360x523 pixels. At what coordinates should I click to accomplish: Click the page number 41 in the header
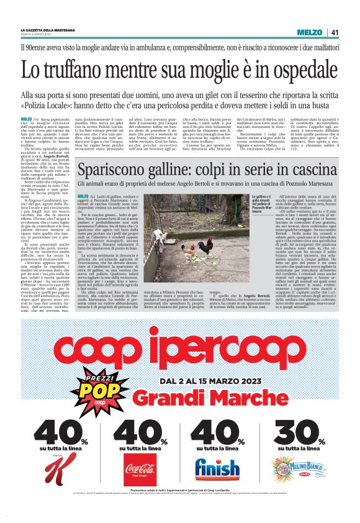[334, 32]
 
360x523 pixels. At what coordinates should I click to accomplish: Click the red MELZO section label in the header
[309, 32]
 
